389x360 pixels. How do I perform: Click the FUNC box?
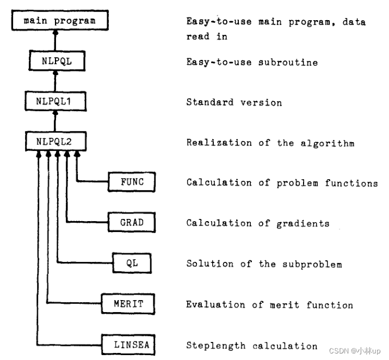pos(132,182)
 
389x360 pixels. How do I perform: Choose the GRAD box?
pos(132,223)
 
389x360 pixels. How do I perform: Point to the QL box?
pos(132,264)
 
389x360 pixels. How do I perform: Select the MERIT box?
pos(129,304)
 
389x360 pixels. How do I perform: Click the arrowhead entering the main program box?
pos(55,34)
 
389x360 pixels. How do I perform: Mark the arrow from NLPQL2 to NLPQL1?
pos(55,123)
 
